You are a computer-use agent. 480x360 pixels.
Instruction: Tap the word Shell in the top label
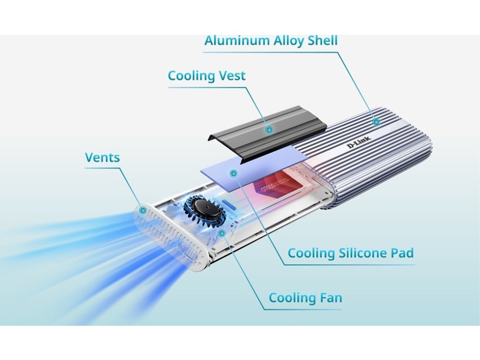tap(322, 40)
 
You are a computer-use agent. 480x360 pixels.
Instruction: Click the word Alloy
tap(288, 41)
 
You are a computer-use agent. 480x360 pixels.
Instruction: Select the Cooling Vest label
tap(206, 76)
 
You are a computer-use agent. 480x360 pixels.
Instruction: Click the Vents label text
tap(102, 157)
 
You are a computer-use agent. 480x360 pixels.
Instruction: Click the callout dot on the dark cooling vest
tap(269, 129)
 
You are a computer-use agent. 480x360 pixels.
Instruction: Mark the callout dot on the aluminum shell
tap(376, 122)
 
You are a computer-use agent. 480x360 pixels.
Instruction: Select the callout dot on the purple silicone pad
tap(233, 173)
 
